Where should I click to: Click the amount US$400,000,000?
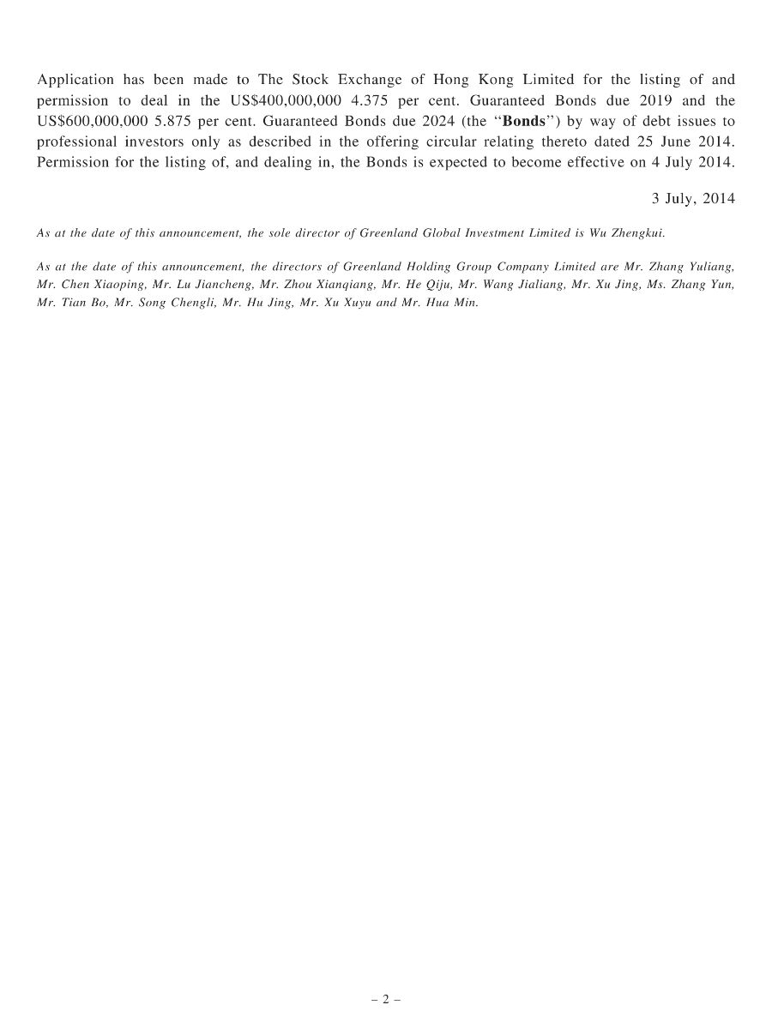pos(286,100)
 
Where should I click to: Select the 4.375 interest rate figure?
pos(371,100)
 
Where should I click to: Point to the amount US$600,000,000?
pos(90,121)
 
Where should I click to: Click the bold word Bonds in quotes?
pos(523,121)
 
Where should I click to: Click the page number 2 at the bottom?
pos(386,999)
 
